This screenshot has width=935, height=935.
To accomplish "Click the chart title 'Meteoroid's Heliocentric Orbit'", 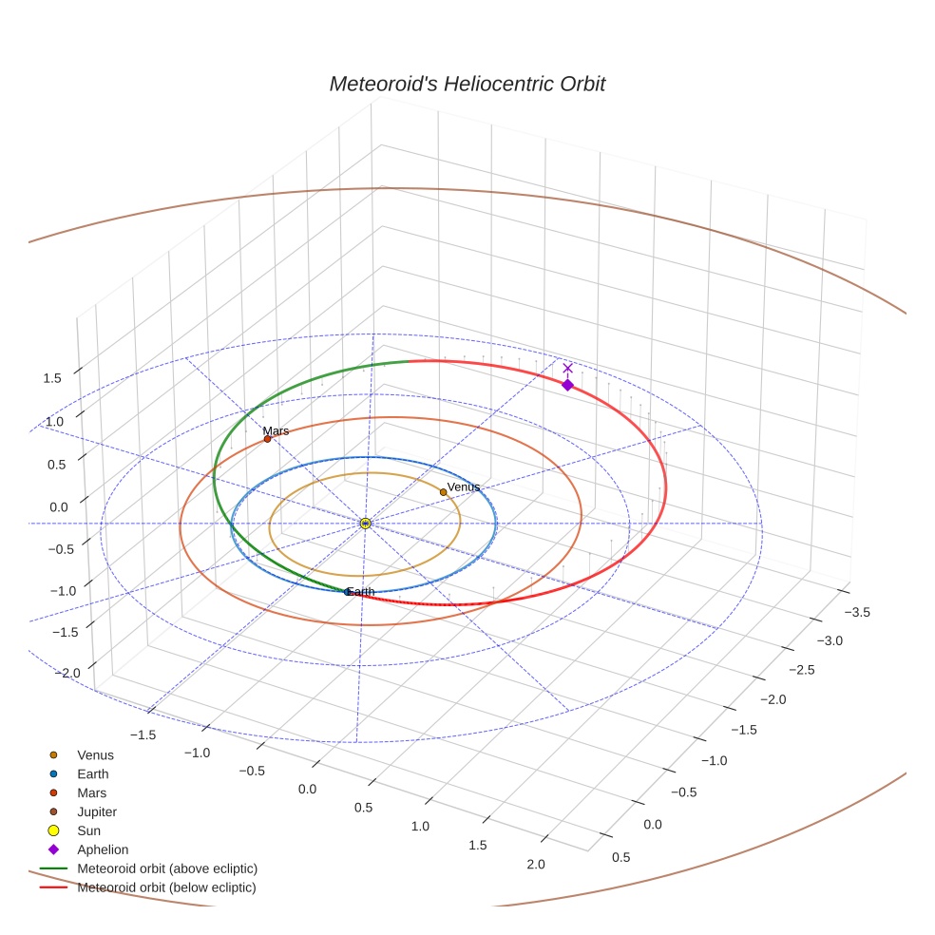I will (x=467, y=84).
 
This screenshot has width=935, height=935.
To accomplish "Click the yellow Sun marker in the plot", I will (x=365, y=524).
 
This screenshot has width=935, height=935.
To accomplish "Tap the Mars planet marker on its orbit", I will (x=267, y=439).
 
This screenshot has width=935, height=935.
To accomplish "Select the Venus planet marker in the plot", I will (x=443, y=492).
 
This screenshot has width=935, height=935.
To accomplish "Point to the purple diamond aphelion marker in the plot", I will (x=567, y=385).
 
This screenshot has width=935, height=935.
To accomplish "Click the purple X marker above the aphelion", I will (x=568, y=368).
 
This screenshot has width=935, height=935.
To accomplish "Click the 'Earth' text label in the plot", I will (x=361, y=592).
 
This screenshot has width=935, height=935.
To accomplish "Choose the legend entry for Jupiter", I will (x=97, y=811).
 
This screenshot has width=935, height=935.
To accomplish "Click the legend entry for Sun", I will (x=88, y=830).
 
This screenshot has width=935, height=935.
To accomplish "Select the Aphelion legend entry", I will (x=103, y=849).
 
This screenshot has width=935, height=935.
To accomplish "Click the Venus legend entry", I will (x=95, y=755).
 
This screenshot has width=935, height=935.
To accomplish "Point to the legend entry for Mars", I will (x=91, y=792).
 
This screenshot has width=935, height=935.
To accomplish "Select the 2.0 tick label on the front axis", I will (x=535, y=864).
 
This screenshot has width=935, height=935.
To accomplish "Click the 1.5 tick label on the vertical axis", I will (x=52, y=378).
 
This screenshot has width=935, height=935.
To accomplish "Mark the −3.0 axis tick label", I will (x=830, y=641).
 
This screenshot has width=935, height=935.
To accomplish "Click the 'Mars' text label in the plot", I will (x=276, y=431).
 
